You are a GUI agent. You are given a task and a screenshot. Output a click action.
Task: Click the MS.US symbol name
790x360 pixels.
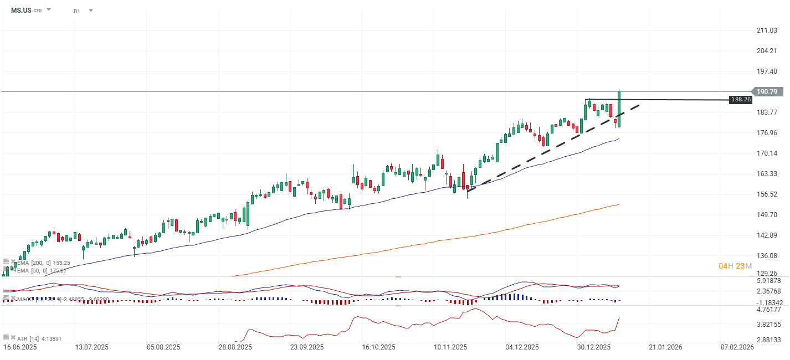pos(21,10)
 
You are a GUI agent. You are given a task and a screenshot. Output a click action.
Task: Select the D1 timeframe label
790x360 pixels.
pos(76,11)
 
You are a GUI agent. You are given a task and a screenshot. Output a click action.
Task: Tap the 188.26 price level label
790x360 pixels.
pos(740,100)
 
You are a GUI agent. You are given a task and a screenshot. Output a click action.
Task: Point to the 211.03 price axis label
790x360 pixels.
pos(767,30)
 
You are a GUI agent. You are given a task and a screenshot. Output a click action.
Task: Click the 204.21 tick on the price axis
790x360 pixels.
pos(767,51)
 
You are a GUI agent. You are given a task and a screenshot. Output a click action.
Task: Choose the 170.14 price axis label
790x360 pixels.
pos(767,153)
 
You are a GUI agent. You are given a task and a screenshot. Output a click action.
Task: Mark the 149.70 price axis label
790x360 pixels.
pos(767,214)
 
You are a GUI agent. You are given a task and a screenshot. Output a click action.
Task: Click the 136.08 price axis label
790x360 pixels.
pos(767,255)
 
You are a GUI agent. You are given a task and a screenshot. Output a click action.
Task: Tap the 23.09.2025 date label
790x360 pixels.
pos(307,347)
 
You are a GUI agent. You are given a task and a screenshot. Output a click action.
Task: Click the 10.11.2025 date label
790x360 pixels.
pos(450,347)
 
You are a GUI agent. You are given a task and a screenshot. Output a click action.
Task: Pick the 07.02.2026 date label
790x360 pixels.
pos(737,347)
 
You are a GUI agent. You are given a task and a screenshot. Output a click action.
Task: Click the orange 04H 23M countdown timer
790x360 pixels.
pos(735,266)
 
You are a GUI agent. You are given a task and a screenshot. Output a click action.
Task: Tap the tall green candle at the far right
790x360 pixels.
pos(619,109)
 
